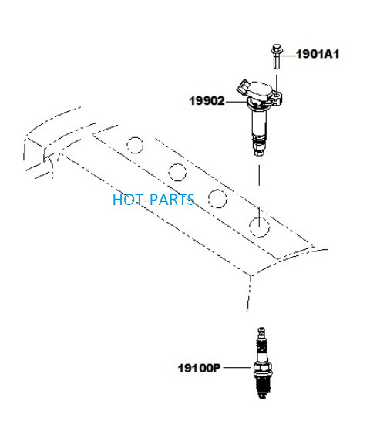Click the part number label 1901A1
pyautogui.click(x=318, y=54)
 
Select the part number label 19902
pyautogui.click(x=207, y=101)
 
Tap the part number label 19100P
pyautogui.click(x=199, y=368)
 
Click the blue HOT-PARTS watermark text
pyautogui.click(x=153, y=200)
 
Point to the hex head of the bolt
pyautogui.click(x=277, y=49)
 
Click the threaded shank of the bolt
pyautogui.click(x=277, y=61)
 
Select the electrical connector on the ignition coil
pyautogui.click(x=243, y=87)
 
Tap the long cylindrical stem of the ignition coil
pyautogui.click(x=259, y=122)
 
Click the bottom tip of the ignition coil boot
pyautogui.click(x=259, y=153)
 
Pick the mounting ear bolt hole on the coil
pyautogui.click(x=277, y=95)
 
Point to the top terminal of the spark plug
pyautogui.click(x=261, y=330)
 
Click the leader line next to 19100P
pyautogui.click(x=237, y=368)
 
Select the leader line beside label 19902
pyautogui.click(x=237, y=102)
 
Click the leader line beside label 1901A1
pyautogui.click(x=288, y=56)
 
